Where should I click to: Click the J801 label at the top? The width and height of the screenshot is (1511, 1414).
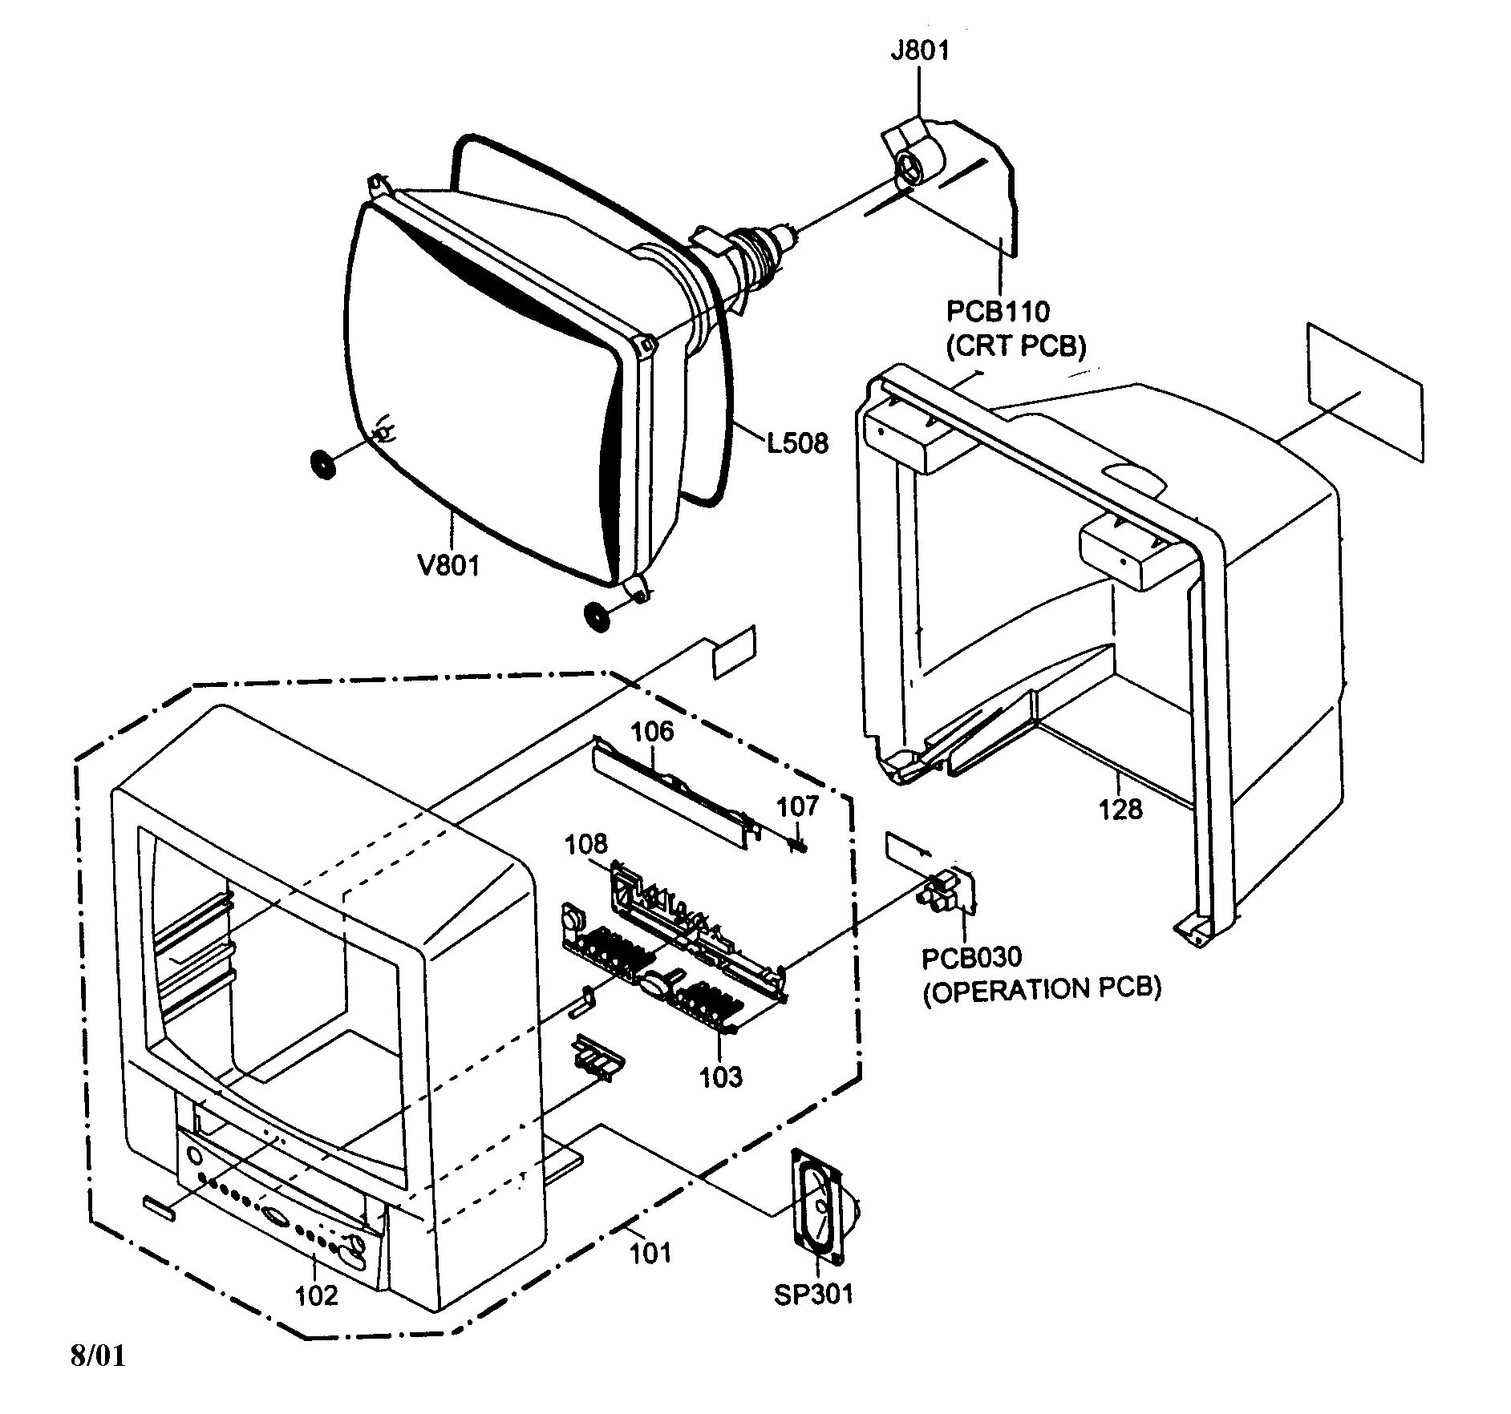point(919,51)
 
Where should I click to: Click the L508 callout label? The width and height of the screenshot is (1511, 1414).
point(797,442)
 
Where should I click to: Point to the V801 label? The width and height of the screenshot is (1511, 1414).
point(448,565)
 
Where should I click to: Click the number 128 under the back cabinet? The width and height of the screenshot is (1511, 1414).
point(1120,810)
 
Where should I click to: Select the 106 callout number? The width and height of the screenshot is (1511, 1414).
point(652,731)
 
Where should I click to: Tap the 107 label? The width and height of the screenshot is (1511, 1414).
point(798,806)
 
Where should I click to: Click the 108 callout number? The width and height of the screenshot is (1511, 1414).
point(585,844)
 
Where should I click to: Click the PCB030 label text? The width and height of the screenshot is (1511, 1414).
point(971,958)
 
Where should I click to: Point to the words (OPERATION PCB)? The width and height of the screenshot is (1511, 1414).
point(1042,990)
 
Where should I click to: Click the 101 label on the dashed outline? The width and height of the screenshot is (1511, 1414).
point(650,1252)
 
